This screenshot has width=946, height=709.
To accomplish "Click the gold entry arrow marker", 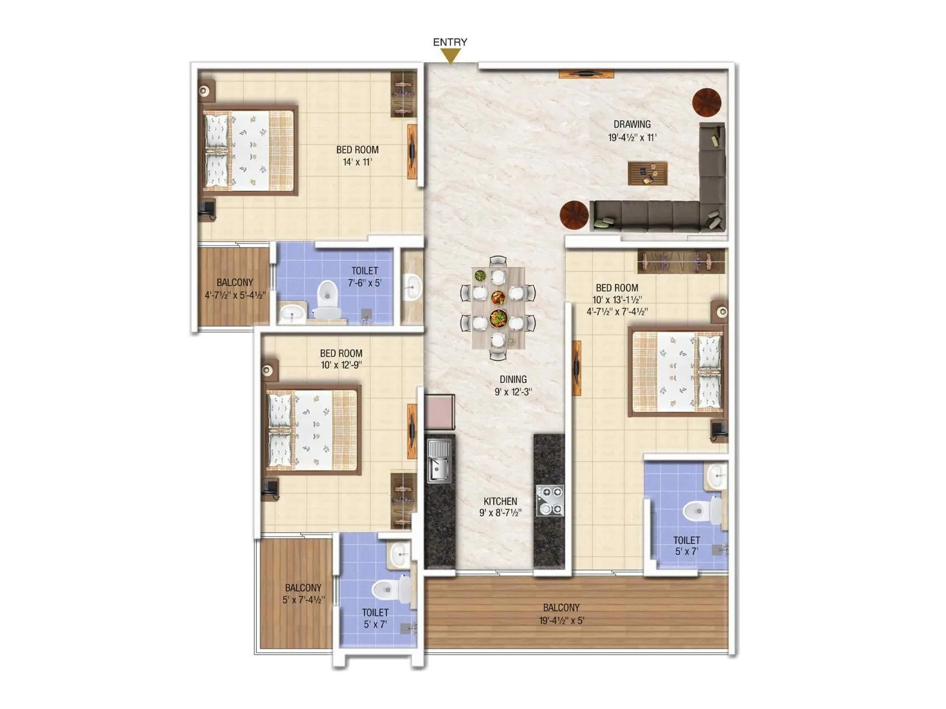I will (x=451, y=56).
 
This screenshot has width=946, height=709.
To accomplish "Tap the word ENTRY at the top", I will (x=450, y=42).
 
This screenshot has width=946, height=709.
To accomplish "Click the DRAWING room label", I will (x=631, y=124).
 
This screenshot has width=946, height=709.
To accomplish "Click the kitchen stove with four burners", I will (x=550, y=500).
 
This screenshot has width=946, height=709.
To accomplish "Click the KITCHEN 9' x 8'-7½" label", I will (x=500, y=507).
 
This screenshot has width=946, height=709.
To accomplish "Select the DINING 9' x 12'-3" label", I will (x=513, y=385).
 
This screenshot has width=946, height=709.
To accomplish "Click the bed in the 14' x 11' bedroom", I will (x=249, y=151).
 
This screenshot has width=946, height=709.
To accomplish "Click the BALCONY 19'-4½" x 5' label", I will (x=561, y=614).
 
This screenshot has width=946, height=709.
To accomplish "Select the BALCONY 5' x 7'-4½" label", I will (x=303, y=594).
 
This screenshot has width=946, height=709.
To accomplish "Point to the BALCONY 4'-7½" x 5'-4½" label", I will (x=235, y=288).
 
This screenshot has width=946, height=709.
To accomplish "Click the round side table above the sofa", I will (x=707, y=102).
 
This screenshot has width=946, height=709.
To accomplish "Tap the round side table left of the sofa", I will (x=574, y=214).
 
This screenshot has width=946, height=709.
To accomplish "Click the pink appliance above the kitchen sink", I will (x=439, y=412).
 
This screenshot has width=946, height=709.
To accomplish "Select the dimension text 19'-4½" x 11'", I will (x=631, y=138).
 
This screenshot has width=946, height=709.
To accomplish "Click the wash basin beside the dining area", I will (x=412, y=287).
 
